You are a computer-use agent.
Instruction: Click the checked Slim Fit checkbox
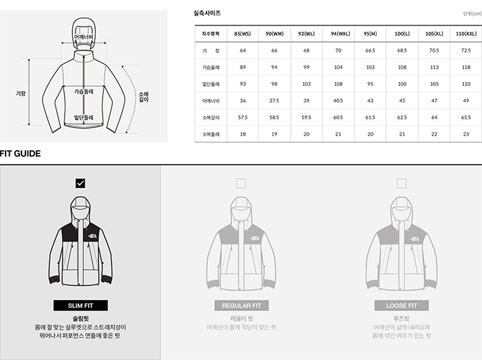[x=81, y=183]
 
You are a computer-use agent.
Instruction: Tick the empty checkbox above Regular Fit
[x=241, y=183]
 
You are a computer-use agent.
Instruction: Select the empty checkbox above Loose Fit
[x=401, y=183]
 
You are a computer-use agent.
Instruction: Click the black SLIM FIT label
[x=81, y=306]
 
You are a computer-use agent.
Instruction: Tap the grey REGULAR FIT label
[x=241, y=306]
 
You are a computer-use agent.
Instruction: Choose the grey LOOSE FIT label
[x=401, y=306]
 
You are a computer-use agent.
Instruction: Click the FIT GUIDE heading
[x=20, y=153]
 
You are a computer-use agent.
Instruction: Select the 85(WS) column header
[x=242, y=34]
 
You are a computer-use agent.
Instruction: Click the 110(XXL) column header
[x=466, y=34]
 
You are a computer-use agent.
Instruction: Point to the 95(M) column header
[x=370, y=34]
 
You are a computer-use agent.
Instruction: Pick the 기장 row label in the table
[x=211, y=51]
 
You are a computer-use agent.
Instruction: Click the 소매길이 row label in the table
[x=211, y=118]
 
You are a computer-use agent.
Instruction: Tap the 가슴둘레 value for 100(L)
[x=402, y=67]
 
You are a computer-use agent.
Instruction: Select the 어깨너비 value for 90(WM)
[x=274, y=100]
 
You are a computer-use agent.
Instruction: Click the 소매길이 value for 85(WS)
[x=242, y=118]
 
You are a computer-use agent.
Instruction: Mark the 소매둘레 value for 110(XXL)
[x=466, y=134]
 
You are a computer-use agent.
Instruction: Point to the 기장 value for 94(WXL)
[x=338, y=51]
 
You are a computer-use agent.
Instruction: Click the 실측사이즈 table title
[x=207, y=13]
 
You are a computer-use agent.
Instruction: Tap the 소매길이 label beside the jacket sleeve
[x=143, y=97]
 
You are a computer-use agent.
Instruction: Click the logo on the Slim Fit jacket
[x=92, y=236]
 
